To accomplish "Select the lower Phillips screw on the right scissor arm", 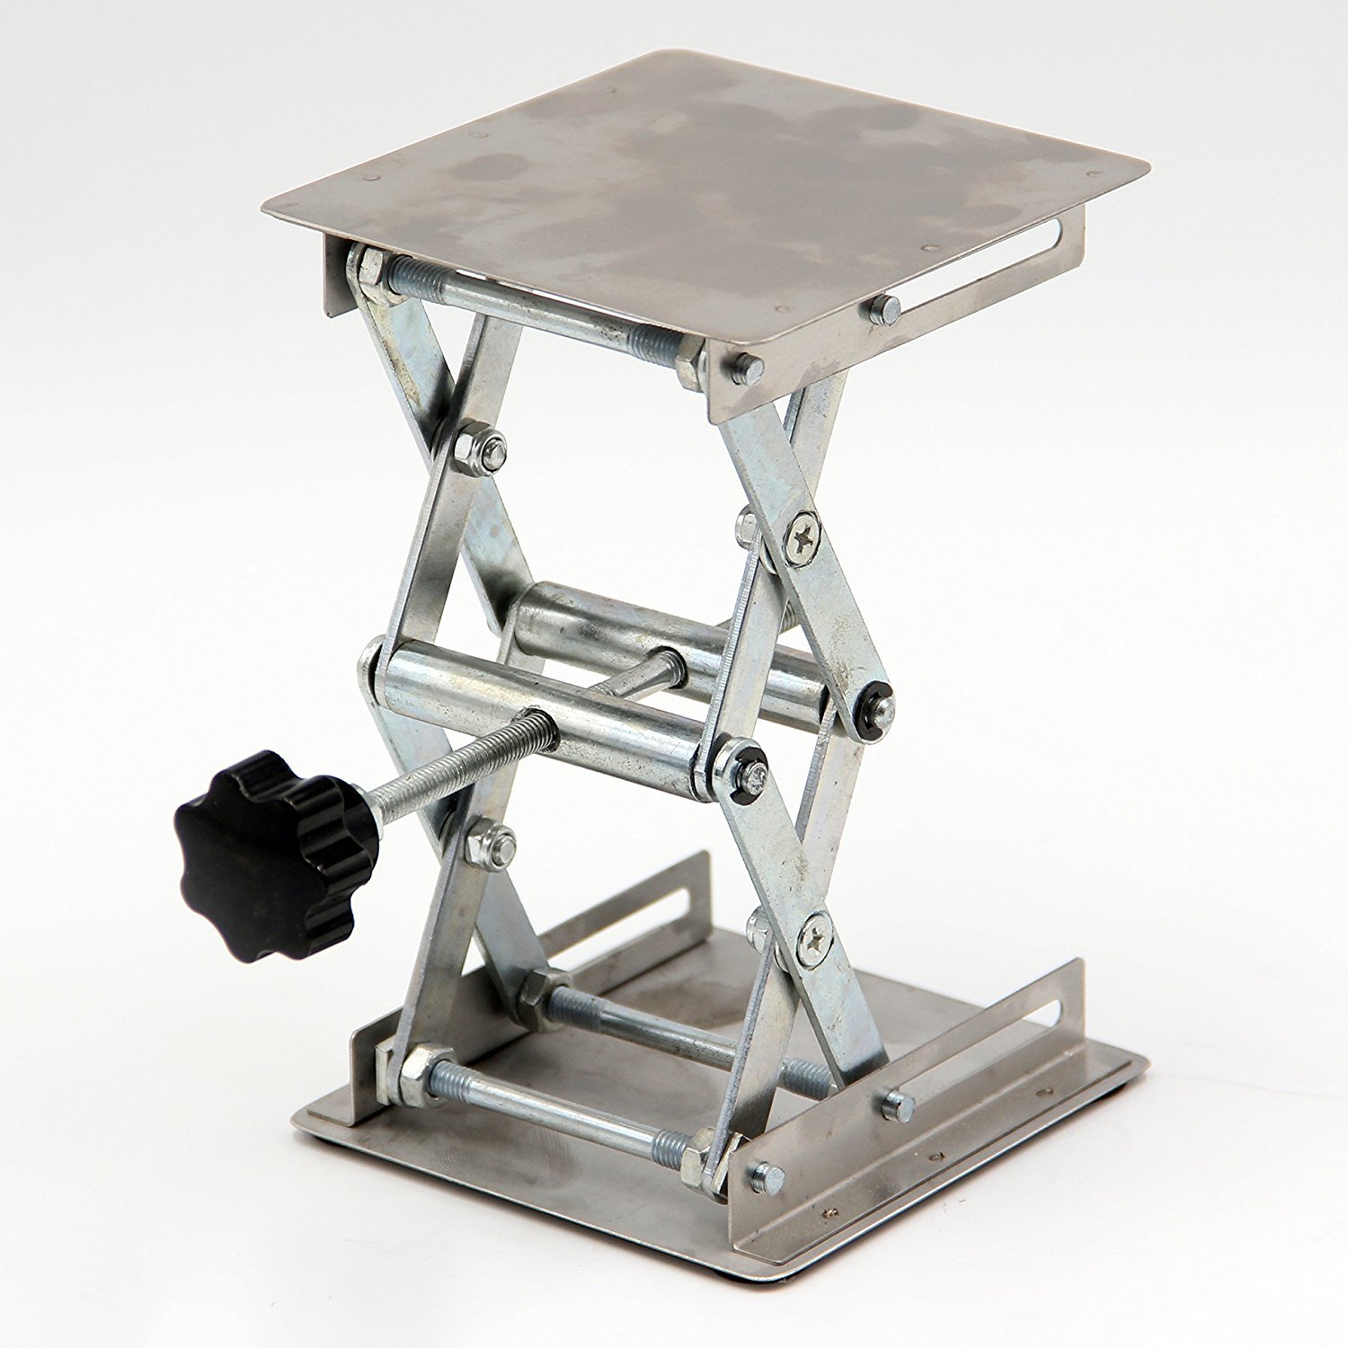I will click(814, 940).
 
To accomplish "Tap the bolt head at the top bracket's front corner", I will click(746, 368).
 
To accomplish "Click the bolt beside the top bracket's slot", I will click(884, 310).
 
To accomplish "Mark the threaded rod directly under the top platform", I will click(539, 310).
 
